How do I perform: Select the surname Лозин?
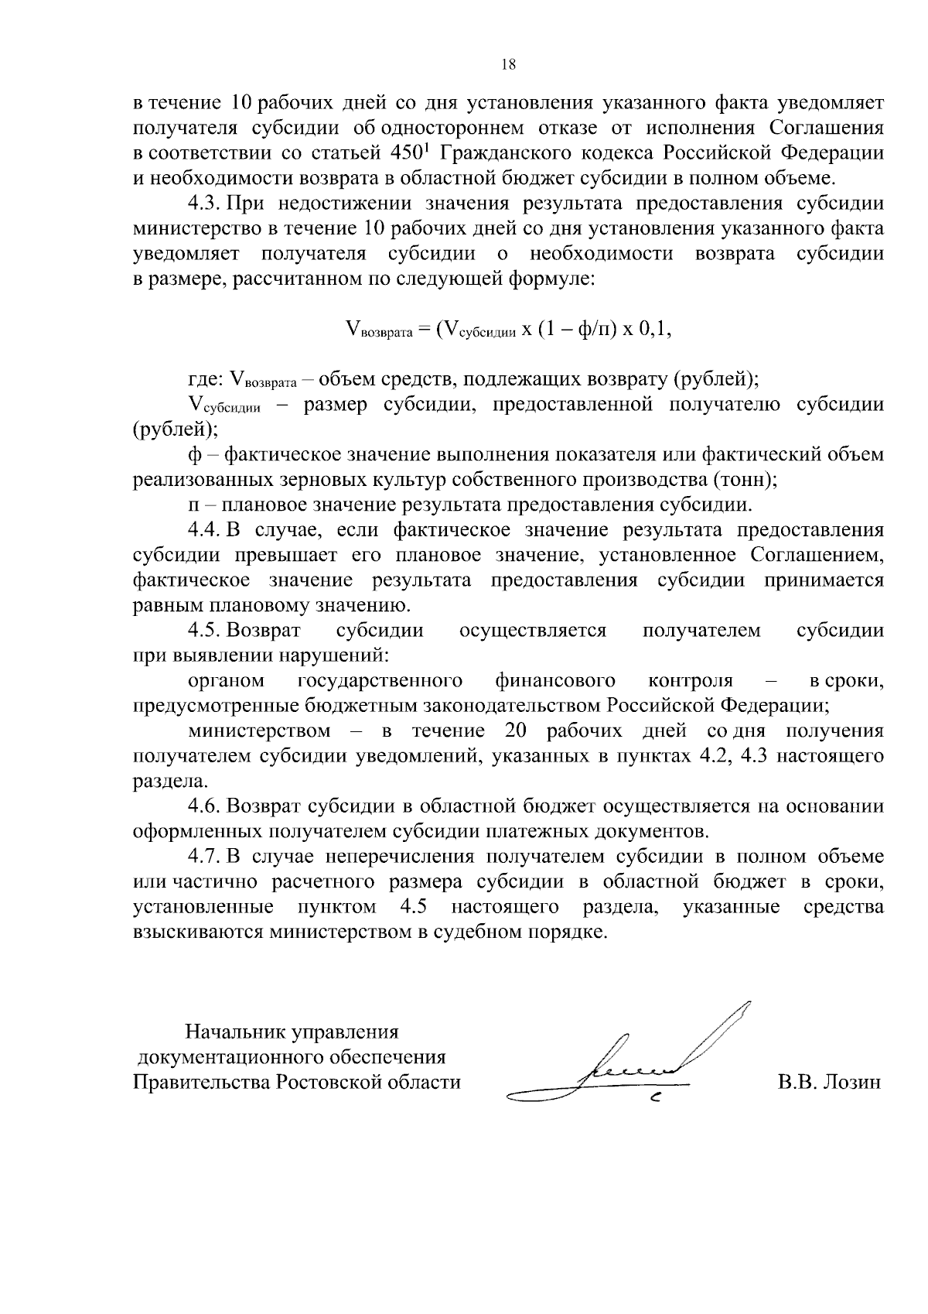[x=850, y=1082]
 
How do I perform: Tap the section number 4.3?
[x=205, y=204]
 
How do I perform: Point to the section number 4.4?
[x=205, y=530]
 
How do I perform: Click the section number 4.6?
[x=205, y=806]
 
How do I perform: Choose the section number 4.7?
[x=205, y=857]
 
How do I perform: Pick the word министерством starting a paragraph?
[x=259, y=731]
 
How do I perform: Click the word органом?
[x=226, y=681]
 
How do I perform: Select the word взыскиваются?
[x=200, y=932]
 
